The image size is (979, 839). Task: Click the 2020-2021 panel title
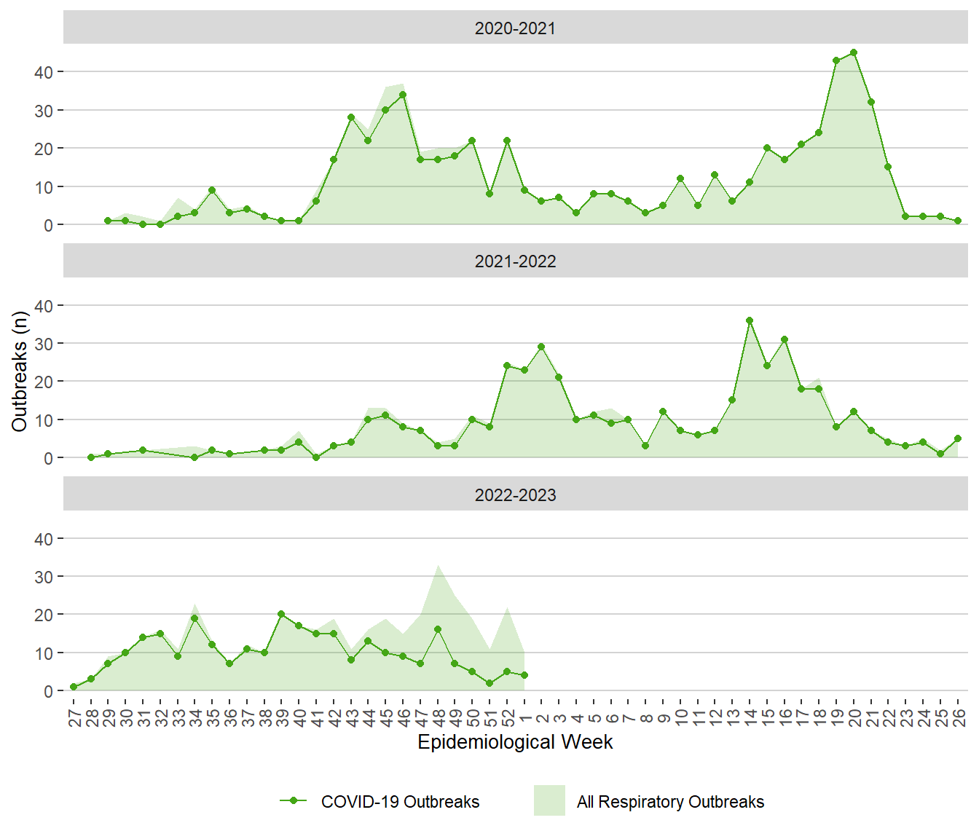pos(515,28)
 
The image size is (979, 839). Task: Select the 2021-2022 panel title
pos(515,261)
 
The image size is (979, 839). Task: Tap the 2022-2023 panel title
pos(515,495)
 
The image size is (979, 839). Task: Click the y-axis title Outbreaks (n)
pos(20,371)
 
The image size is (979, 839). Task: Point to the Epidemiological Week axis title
pos(515,742)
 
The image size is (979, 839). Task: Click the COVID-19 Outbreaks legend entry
pos(400,802)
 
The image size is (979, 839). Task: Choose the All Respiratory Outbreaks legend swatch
pos(549,800)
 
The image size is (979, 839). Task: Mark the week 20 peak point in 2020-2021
pos(854,52)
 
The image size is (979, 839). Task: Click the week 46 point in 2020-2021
pos(403,95)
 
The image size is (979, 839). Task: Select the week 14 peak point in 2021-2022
pos(750,320)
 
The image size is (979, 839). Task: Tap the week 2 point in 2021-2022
pos(541,347)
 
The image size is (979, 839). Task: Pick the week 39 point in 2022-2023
pos(281,614)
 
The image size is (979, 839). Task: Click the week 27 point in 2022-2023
pos(74,687)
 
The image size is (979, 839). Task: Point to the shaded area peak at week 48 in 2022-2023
pos(438,565)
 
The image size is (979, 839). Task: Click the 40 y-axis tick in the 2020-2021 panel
pos(44,72)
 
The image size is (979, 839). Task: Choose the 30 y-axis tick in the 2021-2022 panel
pos(44,344)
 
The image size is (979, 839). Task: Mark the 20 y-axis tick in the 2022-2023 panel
pos(44,615)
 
